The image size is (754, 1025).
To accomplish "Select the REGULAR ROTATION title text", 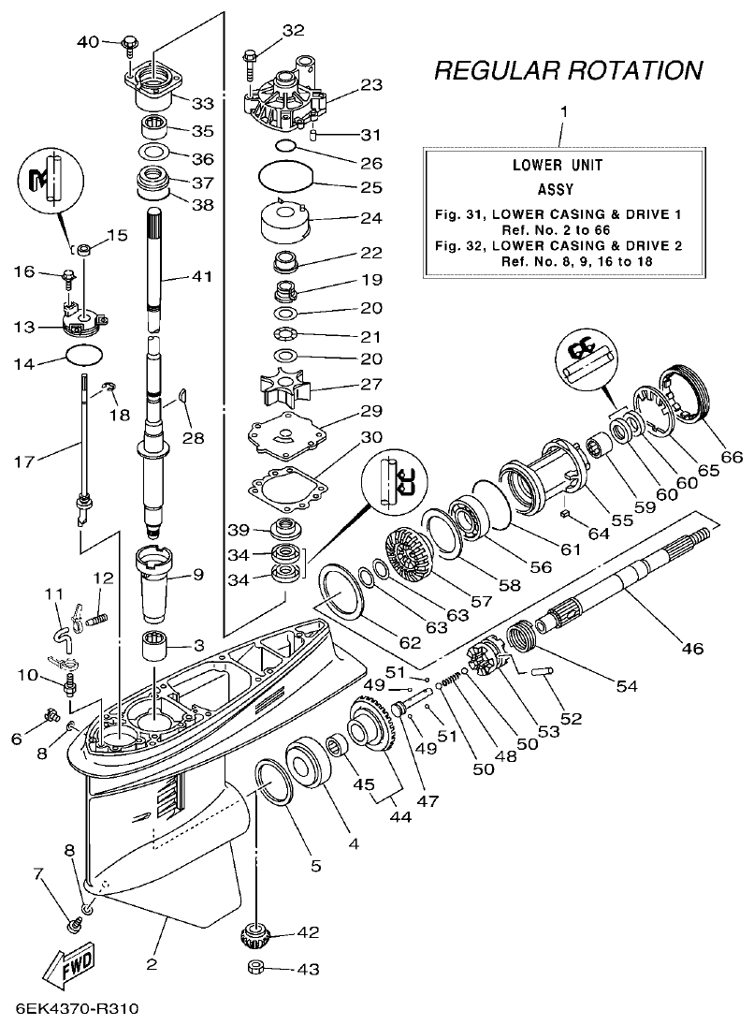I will (x=569, y=70).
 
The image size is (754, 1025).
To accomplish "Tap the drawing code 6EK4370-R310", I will (x=78, y=1009).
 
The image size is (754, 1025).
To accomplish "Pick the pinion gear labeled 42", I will (x=255, y=933).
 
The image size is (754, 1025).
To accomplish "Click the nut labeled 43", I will (x=254, y=968).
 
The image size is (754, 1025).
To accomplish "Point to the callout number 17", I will (x=27, y=461).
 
